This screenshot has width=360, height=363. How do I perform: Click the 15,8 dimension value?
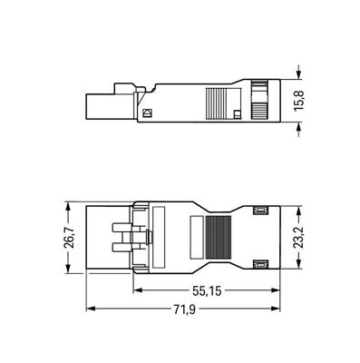click(299, 101)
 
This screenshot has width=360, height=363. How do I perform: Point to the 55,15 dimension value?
click(207, 291)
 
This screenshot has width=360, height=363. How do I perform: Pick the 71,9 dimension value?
click(184, 309)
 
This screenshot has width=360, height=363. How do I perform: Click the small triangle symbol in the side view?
click(148, 113)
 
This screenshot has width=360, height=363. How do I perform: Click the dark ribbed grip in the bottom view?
click(219, 237)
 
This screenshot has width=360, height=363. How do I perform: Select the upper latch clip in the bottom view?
click(260, 210)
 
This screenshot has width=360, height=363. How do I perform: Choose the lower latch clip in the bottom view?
click(260, 264)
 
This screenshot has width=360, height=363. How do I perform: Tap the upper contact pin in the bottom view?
click(122, 228)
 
